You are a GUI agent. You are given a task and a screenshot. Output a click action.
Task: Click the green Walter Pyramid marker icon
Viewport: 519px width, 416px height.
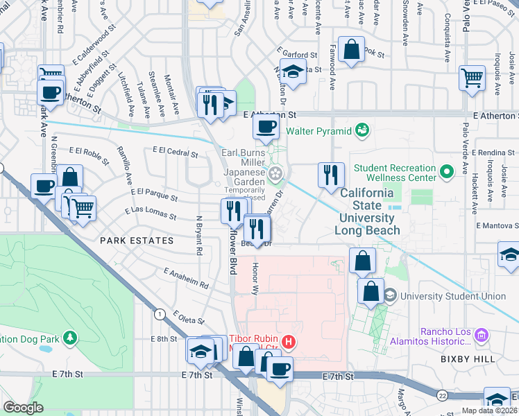pyautogui.click(x=361, y=130)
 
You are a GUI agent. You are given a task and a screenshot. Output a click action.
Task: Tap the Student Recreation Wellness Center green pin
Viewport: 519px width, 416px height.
pyautogui.click(x=447, y=170)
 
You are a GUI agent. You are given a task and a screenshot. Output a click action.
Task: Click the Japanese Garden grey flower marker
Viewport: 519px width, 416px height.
pyautogui.click(x=275, y=173)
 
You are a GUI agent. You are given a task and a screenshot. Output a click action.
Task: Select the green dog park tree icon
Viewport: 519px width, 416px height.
pyautogui.click(x=70, y=338)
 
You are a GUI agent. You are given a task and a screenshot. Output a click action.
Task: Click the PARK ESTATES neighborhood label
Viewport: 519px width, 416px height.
pyautogui.click(x=136, y=241)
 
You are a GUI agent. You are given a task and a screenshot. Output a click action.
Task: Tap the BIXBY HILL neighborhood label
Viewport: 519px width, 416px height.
pyautogui.click(x=468, y=359)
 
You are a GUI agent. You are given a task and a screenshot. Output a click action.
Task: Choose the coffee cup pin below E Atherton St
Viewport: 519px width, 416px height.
pyautogui.click(x=266, y=127)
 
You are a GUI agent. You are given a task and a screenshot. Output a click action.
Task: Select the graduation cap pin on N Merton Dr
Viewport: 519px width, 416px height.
pyautogui.click(x=293, y=72)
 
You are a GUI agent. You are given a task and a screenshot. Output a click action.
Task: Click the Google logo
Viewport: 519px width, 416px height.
pyautogui.click(x=23, y=408)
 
